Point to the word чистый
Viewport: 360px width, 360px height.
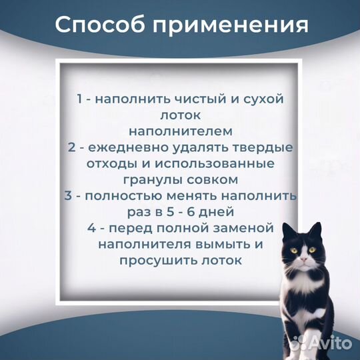click(183, 99)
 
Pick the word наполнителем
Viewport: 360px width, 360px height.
click(179, 131)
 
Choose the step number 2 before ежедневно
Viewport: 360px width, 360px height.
click(71, 147)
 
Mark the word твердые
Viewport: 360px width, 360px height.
click(263, 147)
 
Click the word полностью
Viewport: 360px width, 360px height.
click(125, 196)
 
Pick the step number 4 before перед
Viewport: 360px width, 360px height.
click(92, 228)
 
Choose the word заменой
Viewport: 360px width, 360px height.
click(247, 228)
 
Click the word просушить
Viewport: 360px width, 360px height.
click(152, 261)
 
